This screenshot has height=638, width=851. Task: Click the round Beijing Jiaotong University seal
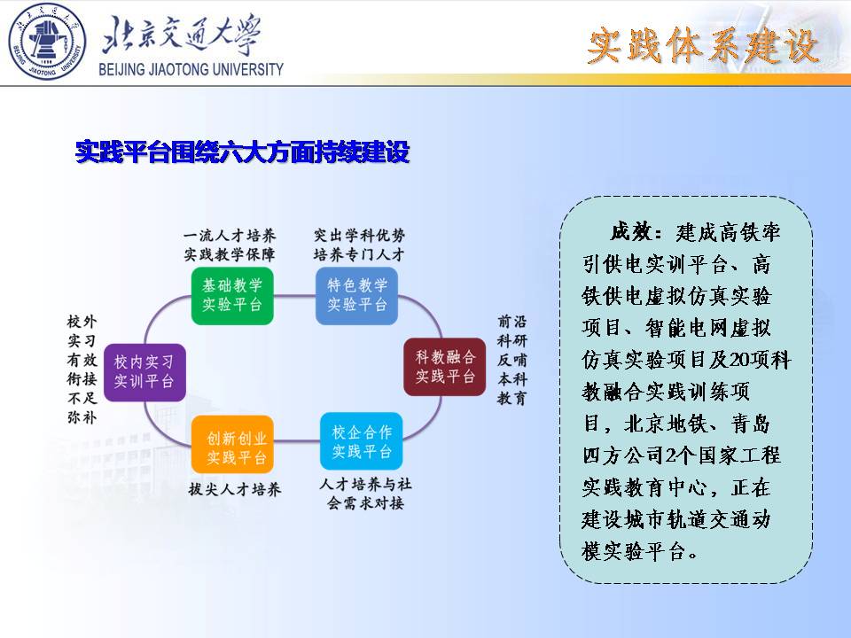pos(47,42)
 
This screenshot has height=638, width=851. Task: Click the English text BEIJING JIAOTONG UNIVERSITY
pos(191,69)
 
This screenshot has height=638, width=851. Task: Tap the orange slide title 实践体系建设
pos(703,45)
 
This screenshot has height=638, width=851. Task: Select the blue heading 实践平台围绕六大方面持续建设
pos(242,152)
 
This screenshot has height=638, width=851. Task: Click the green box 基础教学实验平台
pos(232,296)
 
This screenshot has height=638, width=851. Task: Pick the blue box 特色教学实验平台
pos(356,296)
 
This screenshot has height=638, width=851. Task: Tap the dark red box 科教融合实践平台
pos(444,367)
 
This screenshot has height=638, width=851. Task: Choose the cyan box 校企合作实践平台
pos(362,441)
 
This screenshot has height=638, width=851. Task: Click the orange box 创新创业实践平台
pos(232,444)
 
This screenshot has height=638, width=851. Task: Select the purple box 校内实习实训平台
pos(144,372)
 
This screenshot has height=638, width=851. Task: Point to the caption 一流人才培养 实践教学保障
pos(230,245)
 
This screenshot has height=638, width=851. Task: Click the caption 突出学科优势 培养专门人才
pos(359,245)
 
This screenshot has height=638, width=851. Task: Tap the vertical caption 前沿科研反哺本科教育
pos(511,360)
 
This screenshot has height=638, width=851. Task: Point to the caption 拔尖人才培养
pos(234,489)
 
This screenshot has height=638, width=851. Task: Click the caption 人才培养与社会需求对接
pos(365,494)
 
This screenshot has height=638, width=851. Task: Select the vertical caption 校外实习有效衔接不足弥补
pos(82,369)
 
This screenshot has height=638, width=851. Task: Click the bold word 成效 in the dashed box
pos(630,232)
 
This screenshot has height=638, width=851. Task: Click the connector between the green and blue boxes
pos(294,296)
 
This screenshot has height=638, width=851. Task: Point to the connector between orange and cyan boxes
pos(297,440)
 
